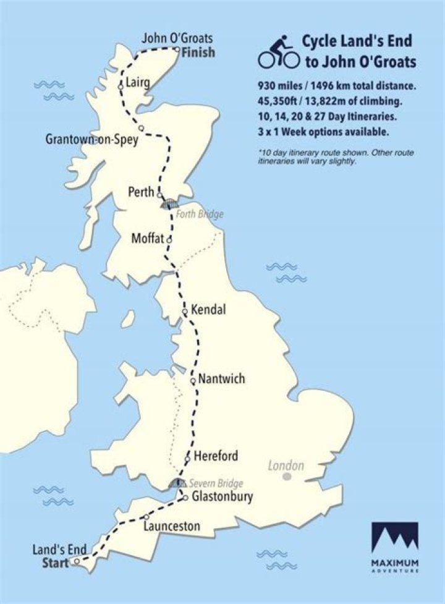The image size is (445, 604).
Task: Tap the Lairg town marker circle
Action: pyautogui.click(x=121, y=87)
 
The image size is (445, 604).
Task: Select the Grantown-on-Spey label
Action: pyautogui.click(x=91, y=140)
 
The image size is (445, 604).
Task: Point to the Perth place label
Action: pyautogui.click(x=140, y=192)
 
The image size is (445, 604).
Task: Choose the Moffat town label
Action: pyautogui.click(x=148, y=238)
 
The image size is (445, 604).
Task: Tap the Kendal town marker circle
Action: pyautogui.click(x=185, y=312)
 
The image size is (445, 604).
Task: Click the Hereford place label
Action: pyautogui.click(x=216, y=456)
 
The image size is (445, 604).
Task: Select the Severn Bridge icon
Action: pyautogui.click(x=177, y=484)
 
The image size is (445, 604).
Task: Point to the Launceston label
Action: pyautogui.click(x=171, y=527)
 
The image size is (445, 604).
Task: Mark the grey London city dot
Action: pyautogui.click(x=287, y=477)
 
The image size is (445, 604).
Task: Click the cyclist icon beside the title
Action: pyautogui.click(x=279, y=51)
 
